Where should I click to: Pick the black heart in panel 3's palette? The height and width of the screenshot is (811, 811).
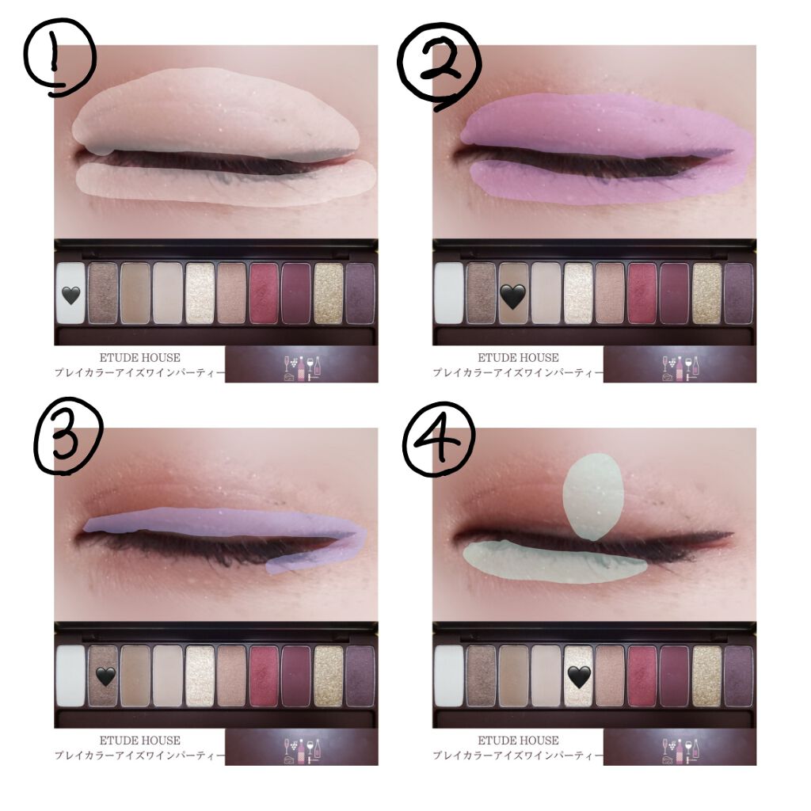click(x=105, y=676)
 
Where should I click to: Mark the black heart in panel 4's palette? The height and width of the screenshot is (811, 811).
click(x=579, y=677)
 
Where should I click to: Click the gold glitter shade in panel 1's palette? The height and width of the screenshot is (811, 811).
click(x=329, y=294)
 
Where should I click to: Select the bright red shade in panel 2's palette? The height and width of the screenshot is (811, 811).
click(x=642, y=294)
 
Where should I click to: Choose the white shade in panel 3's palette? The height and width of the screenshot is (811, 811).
click(x=70, y=676)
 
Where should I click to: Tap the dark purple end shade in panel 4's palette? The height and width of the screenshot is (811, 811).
click(x=738, y=676)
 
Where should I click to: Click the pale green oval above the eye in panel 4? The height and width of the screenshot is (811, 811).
click(x=594, y=497)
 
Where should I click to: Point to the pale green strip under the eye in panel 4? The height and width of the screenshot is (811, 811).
click(x=554, y=562)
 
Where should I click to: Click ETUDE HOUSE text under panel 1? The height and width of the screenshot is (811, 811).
click(x=139, y=357)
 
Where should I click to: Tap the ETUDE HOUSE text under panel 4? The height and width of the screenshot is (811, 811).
click(x=518, y=741)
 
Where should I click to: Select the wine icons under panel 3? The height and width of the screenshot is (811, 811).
click(x=302, y=751)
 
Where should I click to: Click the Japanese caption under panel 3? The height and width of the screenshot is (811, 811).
click(x=139, y=756)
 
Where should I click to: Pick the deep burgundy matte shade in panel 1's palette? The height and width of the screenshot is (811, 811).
click(x=296, y=294)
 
